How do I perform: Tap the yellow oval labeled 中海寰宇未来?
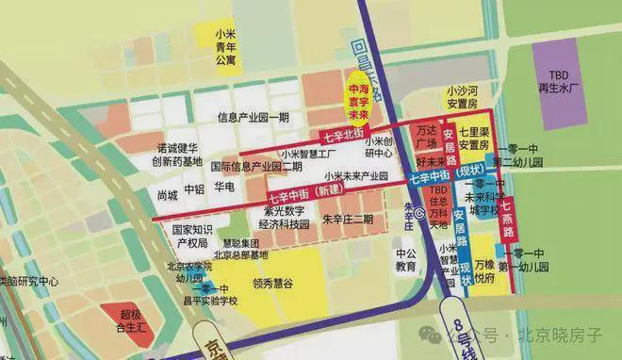tap(358, 96)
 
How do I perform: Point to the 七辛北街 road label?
tap(351, 136)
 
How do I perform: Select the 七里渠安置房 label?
tap(473, 139)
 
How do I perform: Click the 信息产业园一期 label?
tap(254, 118)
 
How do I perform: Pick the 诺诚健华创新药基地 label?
tap(173, 155)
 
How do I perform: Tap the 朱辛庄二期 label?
tap(348, 220)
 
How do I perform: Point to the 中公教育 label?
tap(406, 260)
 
